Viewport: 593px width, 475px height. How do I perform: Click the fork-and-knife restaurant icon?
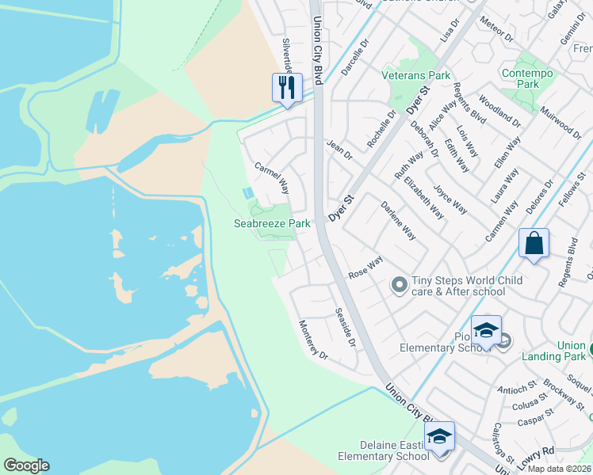point(288,87)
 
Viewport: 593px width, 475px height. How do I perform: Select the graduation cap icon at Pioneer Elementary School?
point(486,330)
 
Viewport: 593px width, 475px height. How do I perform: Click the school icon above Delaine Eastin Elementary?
point(439,436)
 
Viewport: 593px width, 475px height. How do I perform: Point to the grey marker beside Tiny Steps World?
point(400,283)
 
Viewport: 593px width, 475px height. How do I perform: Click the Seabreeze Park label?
point(272,224)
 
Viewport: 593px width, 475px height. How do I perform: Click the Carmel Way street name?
point(271,179)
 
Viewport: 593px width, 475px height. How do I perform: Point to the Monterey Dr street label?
point(312,340)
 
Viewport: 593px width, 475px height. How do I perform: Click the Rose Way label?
point(366,265)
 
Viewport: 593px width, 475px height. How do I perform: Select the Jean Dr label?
point(339,149)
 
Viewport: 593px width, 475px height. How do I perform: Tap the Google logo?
point(26,465)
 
